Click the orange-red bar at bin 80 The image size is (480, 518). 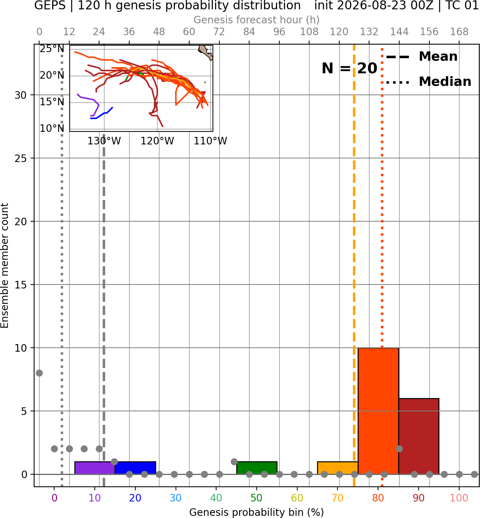click(x=378, y=411)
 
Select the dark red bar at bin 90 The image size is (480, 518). click(x=419, y=436)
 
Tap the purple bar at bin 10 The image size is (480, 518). click(x=95, y=468)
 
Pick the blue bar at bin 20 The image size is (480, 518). click(x=135, y=468)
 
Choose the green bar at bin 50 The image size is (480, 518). click(x=257, y=468)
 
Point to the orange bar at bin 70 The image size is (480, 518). click(x=337, y=468)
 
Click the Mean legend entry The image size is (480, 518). click(x=421, y=57)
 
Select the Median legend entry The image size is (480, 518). click(x=428, y=82)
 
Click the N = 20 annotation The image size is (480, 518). click(x=349, y=68)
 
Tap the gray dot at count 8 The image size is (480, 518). click(x=39, y=373)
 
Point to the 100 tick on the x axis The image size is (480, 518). click(x=459, y=498)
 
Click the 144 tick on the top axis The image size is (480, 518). click(x=399, y=32)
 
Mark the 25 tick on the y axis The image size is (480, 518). click(x=21, y=158)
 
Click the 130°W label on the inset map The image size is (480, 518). click(x=104, y=141)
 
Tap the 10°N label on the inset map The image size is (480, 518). click(x=52, y=128)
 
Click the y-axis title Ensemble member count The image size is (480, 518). click(x=5, y=265)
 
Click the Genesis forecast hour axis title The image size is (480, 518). click(x=257, y=20)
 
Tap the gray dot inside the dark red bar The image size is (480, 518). click(x=399, y=449)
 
